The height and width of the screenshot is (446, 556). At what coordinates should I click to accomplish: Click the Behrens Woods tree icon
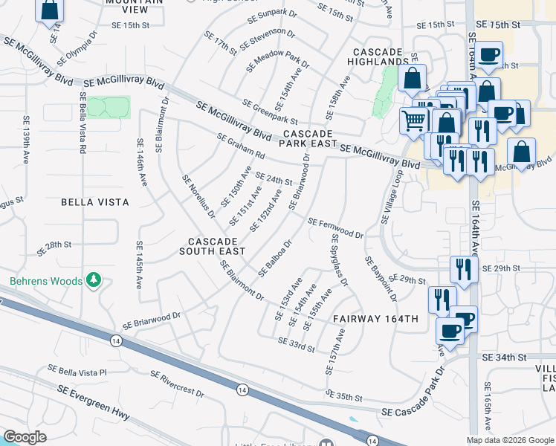(x=93, y=279)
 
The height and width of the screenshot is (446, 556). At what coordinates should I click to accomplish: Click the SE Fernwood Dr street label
(x=335, y=228)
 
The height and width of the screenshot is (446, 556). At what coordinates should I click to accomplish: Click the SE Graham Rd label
(x=241, y=146)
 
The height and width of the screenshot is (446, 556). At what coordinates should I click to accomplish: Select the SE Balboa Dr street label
(x=274, y=258)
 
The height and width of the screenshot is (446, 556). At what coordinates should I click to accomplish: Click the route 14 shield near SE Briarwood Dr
(x=115, y=340)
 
